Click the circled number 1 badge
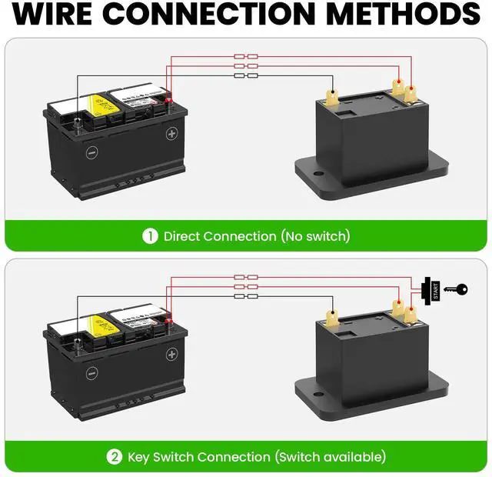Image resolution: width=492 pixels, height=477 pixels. coord(150,236)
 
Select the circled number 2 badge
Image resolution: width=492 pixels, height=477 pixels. coord(115,457)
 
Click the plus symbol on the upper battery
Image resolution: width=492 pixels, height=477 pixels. coord(172,133)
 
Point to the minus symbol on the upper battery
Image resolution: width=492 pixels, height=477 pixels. coord(91,152)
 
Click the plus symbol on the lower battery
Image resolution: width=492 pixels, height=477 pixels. coord(172,354)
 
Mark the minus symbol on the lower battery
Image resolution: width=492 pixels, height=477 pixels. coord(91,372)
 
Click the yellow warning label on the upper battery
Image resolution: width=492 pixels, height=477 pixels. coord(98,107)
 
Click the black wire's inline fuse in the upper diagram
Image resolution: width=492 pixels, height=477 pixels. coord(245,75)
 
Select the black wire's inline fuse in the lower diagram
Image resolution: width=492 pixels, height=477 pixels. coord(245,296)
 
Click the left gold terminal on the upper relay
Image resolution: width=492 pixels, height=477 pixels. coord(333,98)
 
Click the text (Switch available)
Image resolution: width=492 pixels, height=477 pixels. coord(331,457)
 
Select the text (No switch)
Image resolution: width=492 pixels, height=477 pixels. coord(315,236)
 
